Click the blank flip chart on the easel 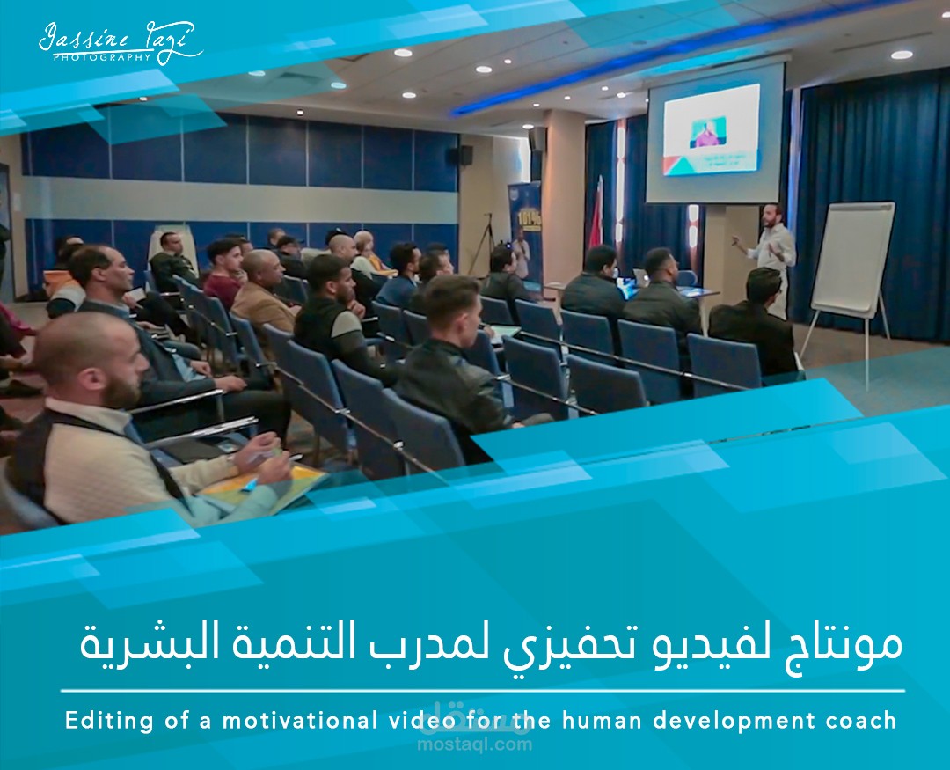point(852,259)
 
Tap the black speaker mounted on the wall point(466,155)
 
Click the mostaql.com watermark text point(475,744)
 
